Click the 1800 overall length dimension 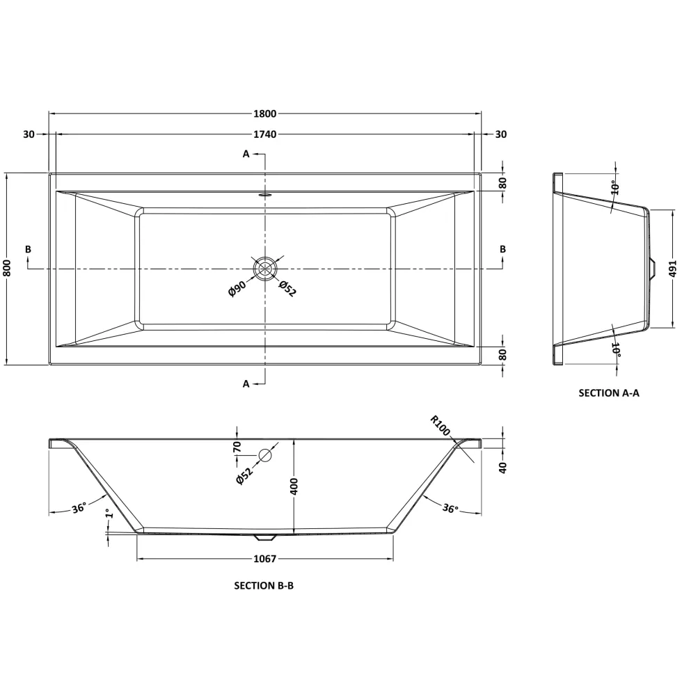point(265,113)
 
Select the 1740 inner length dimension point(265,134)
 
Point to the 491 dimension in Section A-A point(672,269)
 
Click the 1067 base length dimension point(265,558)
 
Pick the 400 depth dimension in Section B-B point(294,486)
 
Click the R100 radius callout point(440,425)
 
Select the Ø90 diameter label point(237,288)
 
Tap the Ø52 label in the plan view point(287,288)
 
